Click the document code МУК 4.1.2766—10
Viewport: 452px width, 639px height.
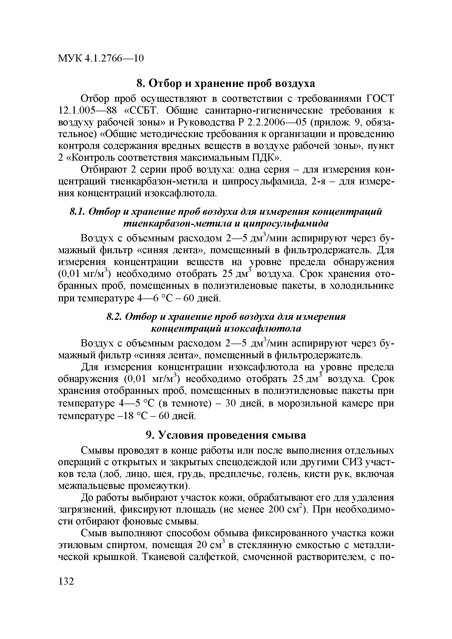pos(101,58)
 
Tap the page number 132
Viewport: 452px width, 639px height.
pos(66,581)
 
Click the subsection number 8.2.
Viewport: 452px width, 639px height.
pos(115,317)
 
